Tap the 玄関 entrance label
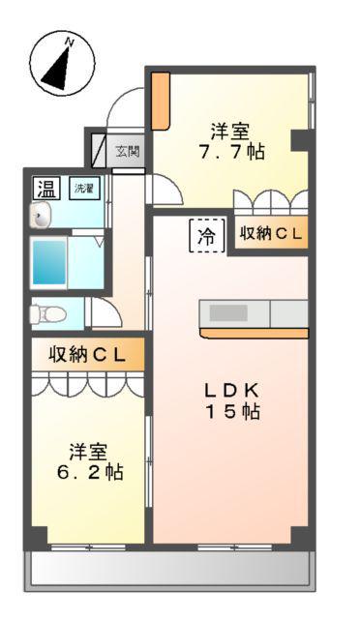click(x=128, y=151)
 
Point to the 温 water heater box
click(x=45, y=187)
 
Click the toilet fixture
click(x=45, y=313)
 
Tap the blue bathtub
click(x=49, y=262)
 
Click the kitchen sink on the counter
click(x=229, y=313)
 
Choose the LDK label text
click(x=230, y=390)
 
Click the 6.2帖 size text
click(x=88, y=474)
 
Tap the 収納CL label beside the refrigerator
click(x=272, y=234)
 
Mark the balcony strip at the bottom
click(x=169, y=571)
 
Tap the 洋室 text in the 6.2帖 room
click(x=88, y=451)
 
